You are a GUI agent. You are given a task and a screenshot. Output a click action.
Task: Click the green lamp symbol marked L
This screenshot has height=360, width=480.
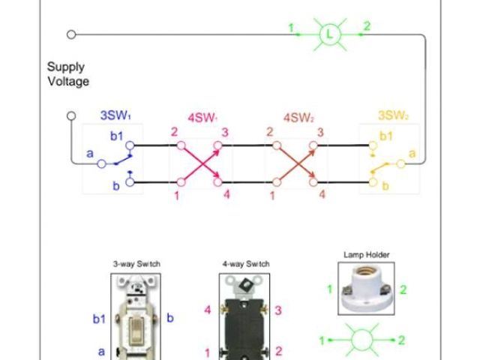329,34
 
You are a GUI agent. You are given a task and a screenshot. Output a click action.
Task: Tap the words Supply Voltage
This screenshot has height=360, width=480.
68,74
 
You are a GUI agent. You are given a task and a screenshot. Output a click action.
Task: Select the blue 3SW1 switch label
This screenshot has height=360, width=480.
117,115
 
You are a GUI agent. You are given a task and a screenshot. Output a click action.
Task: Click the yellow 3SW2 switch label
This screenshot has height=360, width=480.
393,115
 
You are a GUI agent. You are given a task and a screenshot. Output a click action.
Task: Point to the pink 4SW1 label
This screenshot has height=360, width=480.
202,118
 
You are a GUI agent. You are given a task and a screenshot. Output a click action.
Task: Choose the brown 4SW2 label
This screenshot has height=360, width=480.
298,118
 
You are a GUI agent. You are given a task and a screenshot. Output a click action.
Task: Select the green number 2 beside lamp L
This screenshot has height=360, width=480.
367,27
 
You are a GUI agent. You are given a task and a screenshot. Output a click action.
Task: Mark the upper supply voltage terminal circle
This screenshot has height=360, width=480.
71,34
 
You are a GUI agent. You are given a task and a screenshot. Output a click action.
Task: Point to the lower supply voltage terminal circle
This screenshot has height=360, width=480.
71,116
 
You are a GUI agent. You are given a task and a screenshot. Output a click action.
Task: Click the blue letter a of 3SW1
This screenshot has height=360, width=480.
90,154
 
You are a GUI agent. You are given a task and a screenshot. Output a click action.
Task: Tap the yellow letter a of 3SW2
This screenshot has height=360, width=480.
411,154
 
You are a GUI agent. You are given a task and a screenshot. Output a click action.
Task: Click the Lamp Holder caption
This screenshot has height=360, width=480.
366,255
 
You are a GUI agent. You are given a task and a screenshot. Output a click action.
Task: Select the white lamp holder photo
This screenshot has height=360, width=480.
366,289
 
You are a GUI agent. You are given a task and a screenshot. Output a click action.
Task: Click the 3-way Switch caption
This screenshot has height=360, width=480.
136,264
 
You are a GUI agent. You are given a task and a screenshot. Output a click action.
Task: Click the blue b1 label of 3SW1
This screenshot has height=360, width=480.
115,136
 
